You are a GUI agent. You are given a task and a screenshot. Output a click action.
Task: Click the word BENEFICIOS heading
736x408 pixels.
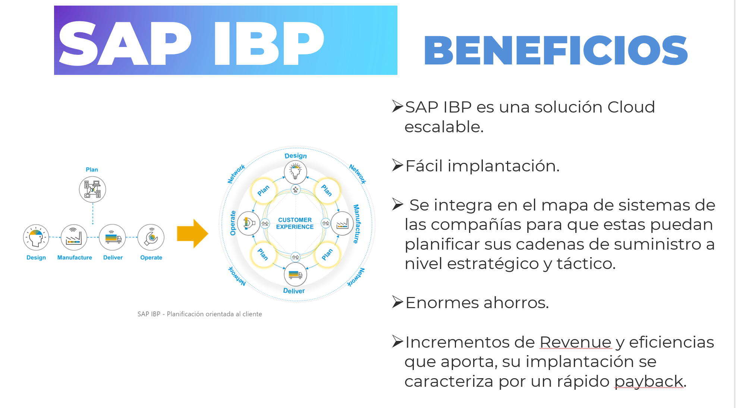pyautogui.click(x=556, y=50)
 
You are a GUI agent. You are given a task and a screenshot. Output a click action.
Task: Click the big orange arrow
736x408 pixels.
pyautogui.click(x=192, y=234)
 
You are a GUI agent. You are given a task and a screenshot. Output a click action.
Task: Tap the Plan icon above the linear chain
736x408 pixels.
pyautogui.click(x=92, y=189)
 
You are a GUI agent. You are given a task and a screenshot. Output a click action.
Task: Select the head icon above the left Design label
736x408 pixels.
pyautogui.click(x=36, y=237)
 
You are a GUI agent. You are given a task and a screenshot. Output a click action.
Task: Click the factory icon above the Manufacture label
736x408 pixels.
pyautogui.click(x=74, y=237)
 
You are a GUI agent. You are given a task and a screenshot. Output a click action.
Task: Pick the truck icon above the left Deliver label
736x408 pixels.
pyautogui.click(x=112, y=237)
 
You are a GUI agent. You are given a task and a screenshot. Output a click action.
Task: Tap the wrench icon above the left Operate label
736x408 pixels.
pyautogui.click(x=151, y=237)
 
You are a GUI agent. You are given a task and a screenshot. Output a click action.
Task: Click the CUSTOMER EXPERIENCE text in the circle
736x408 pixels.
pyautogui.click(x=295, y=223)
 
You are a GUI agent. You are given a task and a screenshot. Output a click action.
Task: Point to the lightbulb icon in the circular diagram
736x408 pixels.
pyautogui.click(x=295, y=172)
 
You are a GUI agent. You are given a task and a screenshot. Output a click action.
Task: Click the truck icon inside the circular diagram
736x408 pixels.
pyautogui.click(x=295, y=275)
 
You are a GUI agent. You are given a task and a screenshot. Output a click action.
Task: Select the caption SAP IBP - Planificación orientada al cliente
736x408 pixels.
pyautogui.click(x=200, y=314)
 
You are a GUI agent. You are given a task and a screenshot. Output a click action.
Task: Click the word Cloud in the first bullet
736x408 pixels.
pyautogui.click(x=631, y=107)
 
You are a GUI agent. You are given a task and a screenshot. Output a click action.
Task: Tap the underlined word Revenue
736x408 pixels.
pyautogui.click(x=575, y=342)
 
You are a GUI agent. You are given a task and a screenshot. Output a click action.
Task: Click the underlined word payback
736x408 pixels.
pyautogui.click(x=649, y=382)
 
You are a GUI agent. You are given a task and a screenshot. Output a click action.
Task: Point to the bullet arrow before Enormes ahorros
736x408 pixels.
pyautogui.click(x=398, y=302)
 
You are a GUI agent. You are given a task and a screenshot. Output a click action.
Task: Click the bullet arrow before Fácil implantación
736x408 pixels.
pyautogui.click(x=398, y=165)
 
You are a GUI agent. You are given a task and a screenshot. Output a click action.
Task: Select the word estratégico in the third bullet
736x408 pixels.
pyautogui.click(x=493, y=264)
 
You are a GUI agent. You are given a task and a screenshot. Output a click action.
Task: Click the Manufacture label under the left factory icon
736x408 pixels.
pyautogui.click(x=75, y=257)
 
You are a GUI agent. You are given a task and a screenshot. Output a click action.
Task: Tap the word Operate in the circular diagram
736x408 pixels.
pyautogui.click(x=233, y=223)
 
